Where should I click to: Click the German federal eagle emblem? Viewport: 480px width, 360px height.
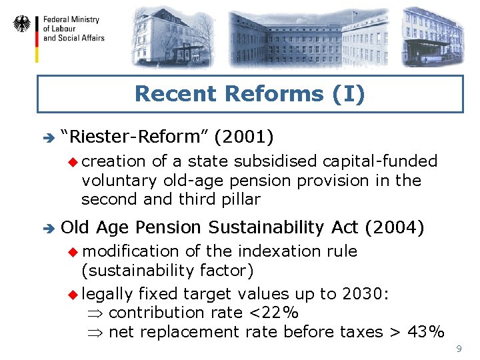point(22,25)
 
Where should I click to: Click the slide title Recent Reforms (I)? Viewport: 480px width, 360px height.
point(250,94)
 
